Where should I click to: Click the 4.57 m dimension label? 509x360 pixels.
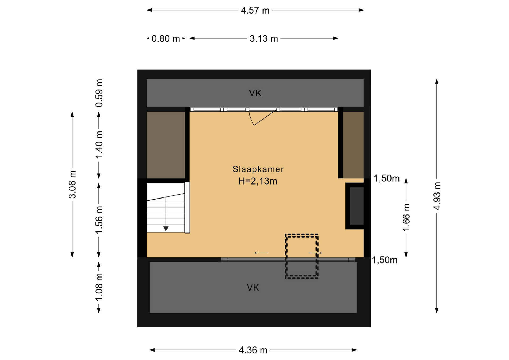pyautogui.click(x=255, y=10)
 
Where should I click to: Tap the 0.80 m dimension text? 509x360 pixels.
pyautogui.click(x=166, y=39)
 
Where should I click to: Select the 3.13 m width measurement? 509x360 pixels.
pyautogui.click(x=264, y=39)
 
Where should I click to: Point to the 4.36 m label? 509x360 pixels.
pyautogui.click(x=253, y=350)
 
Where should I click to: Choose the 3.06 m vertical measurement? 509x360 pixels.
pyautogui.click(x=72, y=185)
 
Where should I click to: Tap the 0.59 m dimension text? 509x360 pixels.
pyautogui.click(x=99, y=93)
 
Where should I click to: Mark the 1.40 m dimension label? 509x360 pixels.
pyautogui.click(x=99, y=144)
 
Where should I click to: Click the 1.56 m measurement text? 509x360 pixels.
pyautogui.click(x=99, y=220)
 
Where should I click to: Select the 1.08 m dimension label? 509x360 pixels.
pyautogui.click(x=99, y=287)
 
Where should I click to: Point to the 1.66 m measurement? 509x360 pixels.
pyautogui.click(x=406, y=217)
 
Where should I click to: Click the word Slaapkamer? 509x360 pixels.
pyautogui.click(x=258, y=169)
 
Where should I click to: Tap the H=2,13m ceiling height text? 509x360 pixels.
pyautogui.click(x=258, y=181)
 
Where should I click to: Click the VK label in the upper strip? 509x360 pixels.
pyautogui.click(x=255, y=93)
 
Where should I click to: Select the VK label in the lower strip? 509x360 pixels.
pyautogui.click(x=253, y=288)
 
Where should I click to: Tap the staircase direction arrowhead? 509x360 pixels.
pyautogui.click(x=166, y=229)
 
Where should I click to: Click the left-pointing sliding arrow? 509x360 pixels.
pyautogui.click(x=261, y=253)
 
